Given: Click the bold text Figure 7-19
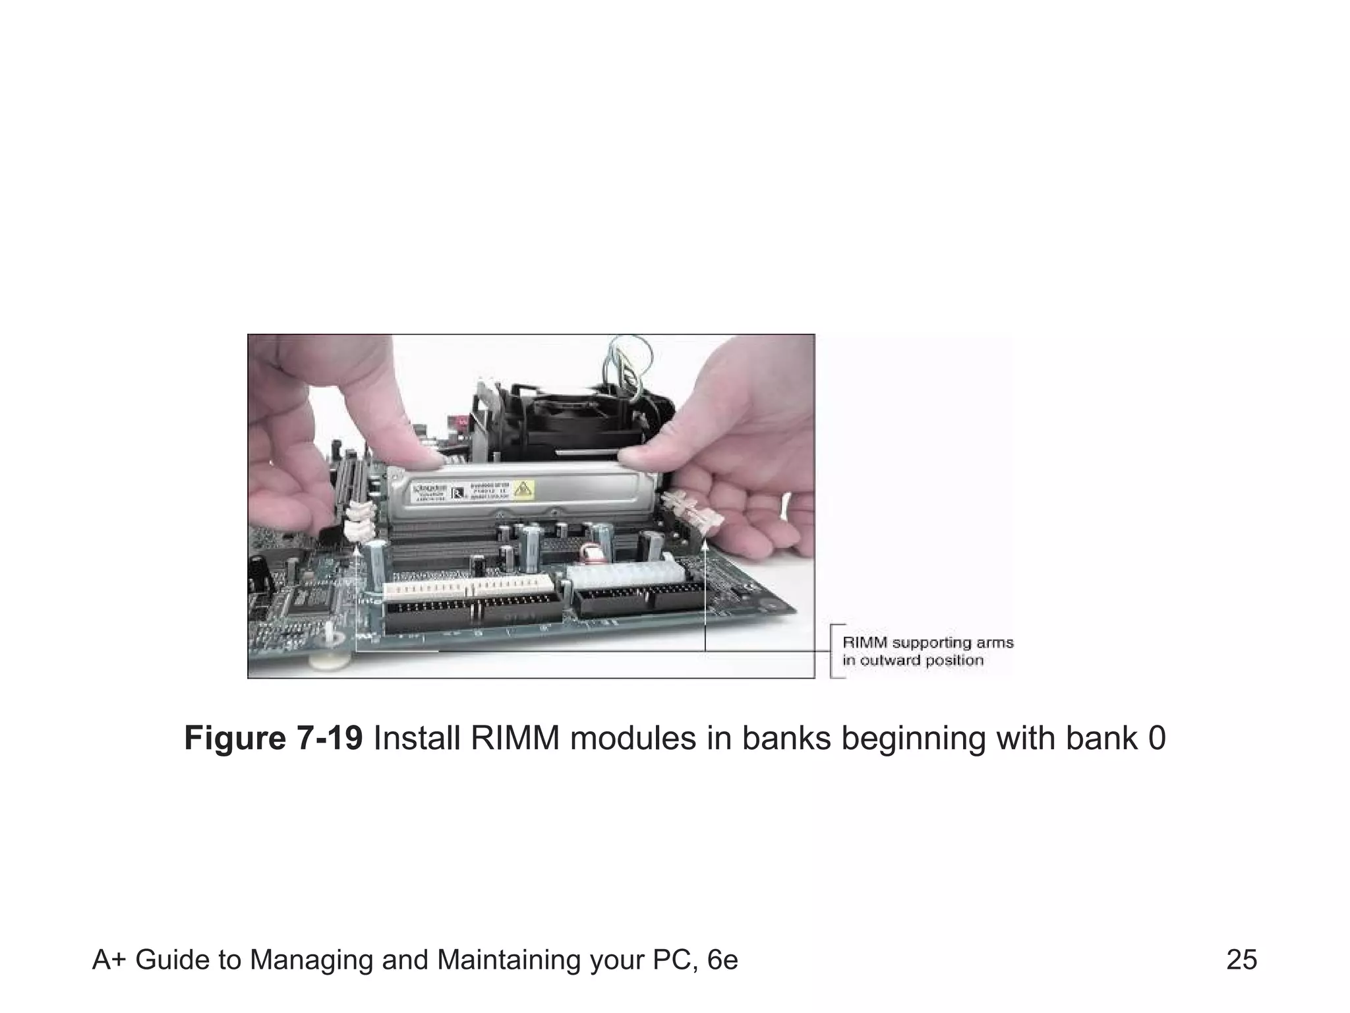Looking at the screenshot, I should (x=273, y=738).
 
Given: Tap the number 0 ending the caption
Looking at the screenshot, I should (x=1156, y=738).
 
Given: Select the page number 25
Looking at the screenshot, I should (x=1241, y=960).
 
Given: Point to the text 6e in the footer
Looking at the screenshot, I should (x=721, y=960).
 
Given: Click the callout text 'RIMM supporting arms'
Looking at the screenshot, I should (x=927, y=642).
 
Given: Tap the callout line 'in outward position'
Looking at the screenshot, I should (x=912, y=660).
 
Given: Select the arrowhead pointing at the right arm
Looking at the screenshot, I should (x=705, y=545).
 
